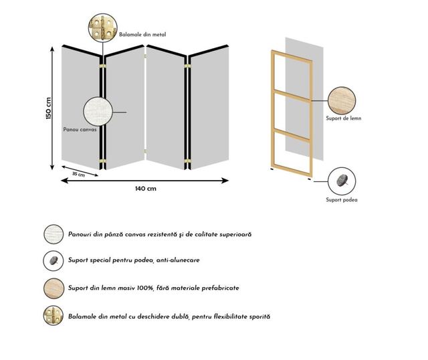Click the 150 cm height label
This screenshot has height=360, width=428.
(x=49, y=108)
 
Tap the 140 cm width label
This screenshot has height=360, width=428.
(x=146, y=189)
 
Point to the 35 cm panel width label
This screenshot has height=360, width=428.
(x=79, y=174)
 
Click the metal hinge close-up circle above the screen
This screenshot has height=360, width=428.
(x=102, y=27)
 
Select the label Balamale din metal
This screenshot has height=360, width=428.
(x=142, y=35)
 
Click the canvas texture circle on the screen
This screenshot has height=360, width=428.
(x=98, y=111)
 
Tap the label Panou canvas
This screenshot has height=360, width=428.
(x=80, y=129)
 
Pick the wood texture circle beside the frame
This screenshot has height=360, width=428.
(x=342, y=100)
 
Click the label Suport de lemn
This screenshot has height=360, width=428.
(x=344, y=118)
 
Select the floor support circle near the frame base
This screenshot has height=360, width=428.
(x=342, y=181)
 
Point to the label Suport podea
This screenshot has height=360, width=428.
(x=342, y=199)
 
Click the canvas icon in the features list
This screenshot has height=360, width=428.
(x=53, y=234)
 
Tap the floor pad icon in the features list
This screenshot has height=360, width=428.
(x=53, y=260)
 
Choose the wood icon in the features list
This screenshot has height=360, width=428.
(x=53, y=288)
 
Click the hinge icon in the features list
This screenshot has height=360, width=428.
(x=53, y=315)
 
